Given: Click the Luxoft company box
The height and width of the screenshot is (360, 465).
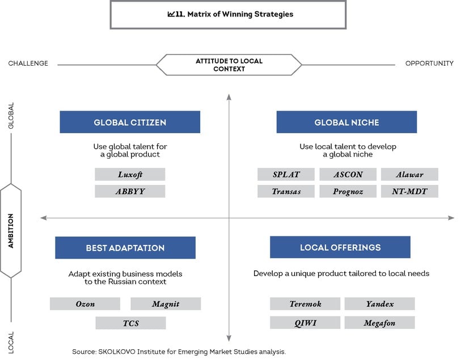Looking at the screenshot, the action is click(130, 175).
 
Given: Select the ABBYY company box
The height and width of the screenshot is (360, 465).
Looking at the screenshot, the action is click(130, 191).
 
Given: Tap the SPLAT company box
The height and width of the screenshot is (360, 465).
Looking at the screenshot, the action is click(286, 175).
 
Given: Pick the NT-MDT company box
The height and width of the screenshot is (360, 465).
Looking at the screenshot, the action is click(409, 191).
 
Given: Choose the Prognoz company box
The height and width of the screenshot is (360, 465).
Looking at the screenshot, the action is click(348, 191).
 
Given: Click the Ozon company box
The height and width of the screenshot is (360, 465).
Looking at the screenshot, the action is click(85, 304).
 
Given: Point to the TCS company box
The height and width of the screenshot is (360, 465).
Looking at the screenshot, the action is click(131, 323).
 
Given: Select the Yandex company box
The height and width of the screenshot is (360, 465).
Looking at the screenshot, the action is click(379, 304).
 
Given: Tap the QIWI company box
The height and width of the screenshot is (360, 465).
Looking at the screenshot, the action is click(305, 323).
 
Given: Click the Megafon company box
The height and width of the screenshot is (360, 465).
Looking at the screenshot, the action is click(379, 323).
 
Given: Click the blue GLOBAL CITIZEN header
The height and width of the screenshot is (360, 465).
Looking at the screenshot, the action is click(130, 122).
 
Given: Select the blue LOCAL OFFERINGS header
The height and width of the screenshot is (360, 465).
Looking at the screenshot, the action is click(340, 247).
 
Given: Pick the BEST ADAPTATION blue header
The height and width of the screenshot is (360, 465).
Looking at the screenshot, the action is click(125, 248).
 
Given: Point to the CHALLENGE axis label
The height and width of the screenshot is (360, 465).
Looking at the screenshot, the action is click(28, 63).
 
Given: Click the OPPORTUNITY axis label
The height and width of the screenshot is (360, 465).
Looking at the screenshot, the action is click(429, 63).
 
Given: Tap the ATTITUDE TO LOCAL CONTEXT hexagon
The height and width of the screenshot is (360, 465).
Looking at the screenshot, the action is click(229, 65).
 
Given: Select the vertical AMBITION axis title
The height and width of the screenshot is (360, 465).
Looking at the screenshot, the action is click(11, 231).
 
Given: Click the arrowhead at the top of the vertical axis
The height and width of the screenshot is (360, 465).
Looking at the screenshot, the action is click(229, 97).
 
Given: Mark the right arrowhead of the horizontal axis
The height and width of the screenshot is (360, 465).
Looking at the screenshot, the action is click(451, 218).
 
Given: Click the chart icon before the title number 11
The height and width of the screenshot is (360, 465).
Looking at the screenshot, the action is click(171, 14).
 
